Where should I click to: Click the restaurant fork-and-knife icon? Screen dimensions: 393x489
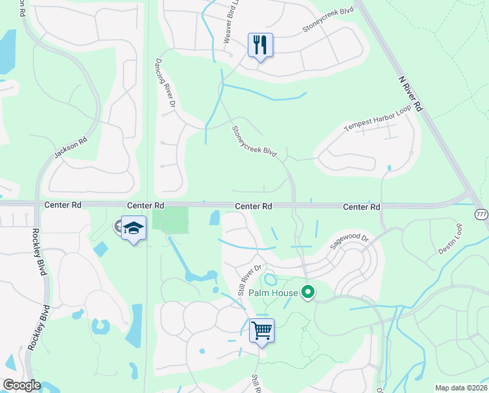pos(260,45)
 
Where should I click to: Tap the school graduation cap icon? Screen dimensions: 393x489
pos(133,228)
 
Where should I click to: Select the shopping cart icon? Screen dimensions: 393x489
pos(261,330)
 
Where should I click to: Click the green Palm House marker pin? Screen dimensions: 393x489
pos(307,293)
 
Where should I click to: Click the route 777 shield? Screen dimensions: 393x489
pos(482,215)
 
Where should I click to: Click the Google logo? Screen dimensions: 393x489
pos(21,385)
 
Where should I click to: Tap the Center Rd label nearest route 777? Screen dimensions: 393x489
pos(362,207)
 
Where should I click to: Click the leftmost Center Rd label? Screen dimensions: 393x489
pos(63,205)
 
